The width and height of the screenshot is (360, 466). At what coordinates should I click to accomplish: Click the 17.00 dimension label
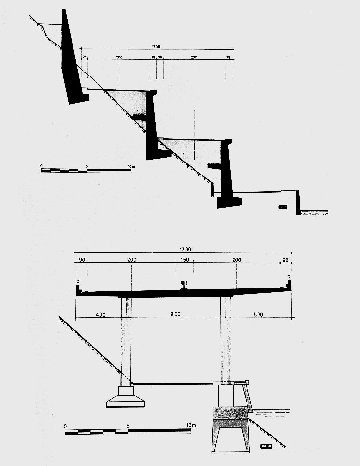tap(156, 47)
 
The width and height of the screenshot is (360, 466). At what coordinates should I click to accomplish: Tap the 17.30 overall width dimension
tap(184, 250)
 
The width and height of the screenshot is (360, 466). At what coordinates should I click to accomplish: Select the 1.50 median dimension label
tap(184, 260)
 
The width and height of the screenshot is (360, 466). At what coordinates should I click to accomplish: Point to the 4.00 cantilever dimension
tap(101, 314)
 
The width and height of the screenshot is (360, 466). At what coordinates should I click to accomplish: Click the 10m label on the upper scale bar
tap(131, 166)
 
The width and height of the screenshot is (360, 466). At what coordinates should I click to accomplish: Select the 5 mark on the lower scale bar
tap(128, 426)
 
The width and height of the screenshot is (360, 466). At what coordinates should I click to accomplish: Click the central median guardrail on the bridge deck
tap(184, 284)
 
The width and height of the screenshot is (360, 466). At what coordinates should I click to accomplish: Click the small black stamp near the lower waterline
tap(266, 446)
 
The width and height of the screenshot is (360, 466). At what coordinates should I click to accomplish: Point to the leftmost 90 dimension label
tap(82, 260)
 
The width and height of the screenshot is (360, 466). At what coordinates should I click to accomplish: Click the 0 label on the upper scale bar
tap(42, 166)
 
